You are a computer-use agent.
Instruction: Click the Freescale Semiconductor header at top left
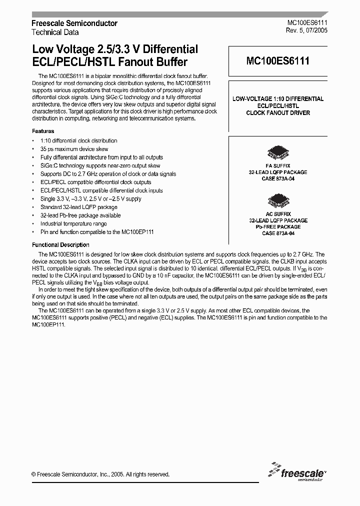[x=74, y=23]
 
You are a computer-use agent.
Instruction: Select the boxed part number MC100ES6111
[x=277, y=61]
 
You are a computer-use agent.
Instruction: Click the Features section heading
[x=43, y=131]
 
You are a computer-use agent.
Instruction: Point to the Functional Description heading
[x=60, y=245]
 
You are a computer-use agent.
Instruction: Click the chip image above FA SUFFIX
[x=278, y=153]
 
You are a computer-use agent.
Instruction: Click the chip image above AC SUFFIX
[x=278, y=201]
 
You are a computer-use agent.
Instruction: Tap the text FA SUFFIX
[x=278, y=165]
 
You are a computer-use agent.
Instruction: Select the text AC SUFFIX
[x=278, y=214]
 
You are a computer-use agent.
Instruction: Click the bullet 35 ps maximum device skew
[x=74, y=149]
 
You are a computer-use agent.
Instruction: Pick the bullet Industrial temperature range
[x=73, y=224]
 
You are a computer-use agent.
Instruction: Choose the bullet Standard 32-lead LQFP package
[x=78, y=207]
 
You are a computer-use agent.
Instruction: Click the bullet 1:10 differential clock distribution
[x=78, y=141]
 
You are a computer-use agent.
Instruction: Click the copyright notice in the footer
[x=100, y=474]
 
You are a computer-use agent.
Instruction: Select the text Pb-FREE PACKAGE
[x=278, y=227]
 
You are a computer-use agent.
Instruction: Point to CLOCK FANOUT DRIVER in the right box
[x=278, y=113]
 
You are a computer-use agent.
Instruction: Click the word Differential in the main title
[x=169, y=49]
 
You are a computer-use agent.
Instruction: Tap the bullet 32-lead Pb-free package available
[x=80, y=215]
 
